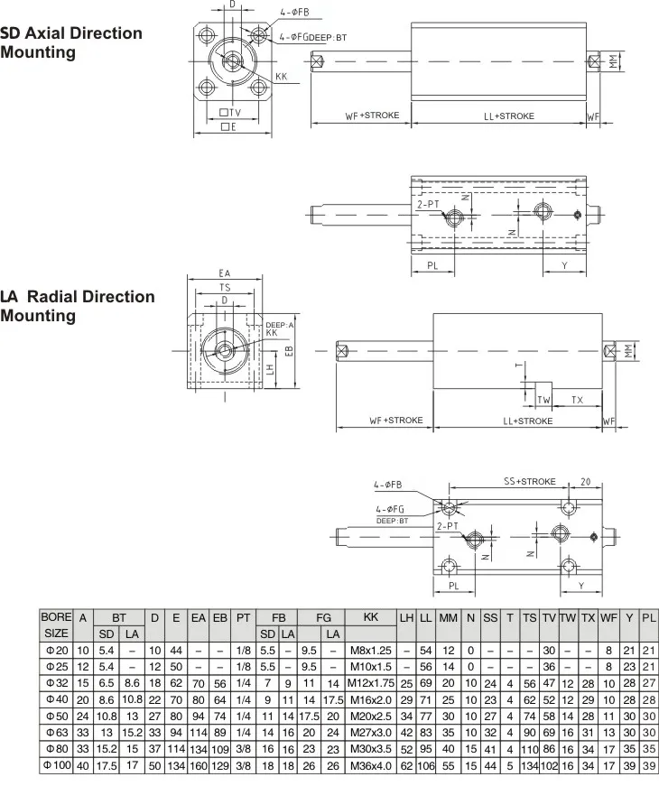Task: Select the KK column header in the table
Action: point(369,618)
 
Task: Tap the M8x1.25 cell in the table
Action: point(369,651)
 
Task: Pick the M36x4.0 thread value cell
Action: point(369,765)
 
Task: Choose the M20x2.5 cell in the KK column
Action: point(369,716)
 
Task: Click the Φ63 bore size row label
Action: point(56,732)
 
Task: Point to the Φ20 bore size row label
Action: point(56,651)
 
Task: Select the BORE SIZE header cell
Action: point(56,625)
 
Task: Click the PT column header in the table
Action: point(243,618)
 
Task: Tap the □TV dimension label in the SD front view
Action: point(230,113)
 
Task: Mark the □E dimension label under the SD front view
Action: point(229,128)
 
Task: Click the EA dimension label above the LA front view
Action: point(225,272)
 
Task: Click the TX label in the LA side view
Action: point(577,399)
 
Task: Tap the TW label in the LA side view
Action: point(543,399)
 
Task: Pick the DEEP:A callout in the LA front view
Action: point(280,324)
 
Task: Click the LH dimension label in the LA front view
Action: point(271,369)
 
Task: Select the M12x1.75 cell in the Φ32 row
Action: point(369,683)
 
